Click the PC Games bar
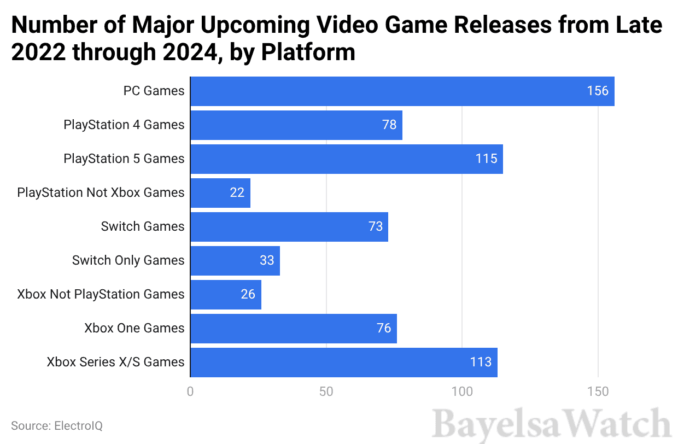[402, 91]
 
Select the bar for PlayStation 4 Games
[296, 125]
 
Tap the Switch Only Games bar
[235, 260]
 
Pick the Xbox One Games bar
[293, 328]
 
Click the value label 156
[598, 91]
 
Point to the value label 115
[487, 159]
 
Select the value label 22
[237, 192]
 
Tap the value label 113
[481, 362]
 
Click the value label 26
[248, 294]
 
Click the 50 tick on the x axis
[326, 392]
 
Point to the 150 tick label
[598, 392]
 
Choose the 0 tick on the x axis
[190, 392]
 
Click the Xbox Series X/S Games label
[115, 362]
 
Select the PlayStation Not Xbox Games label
[101, 192]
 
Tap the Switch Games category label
[143, 226]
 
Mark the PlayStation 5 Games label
[124, 159]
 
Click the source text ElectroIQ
[57, 425]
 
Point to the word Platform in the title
[308, 52]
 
